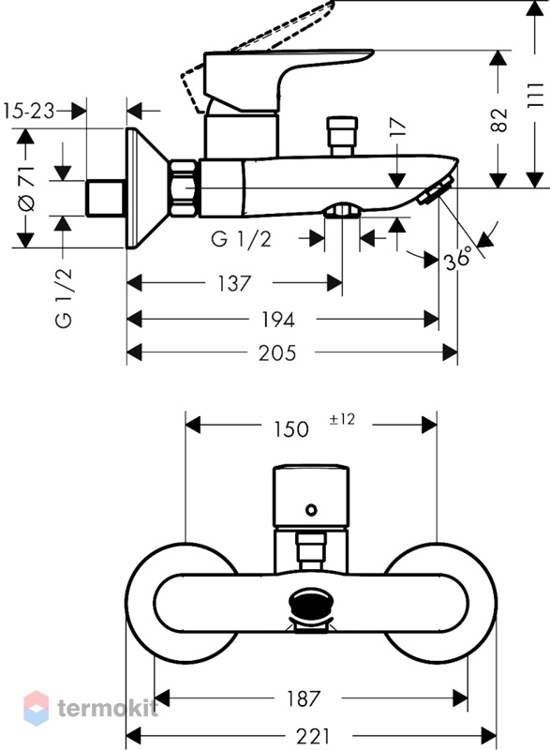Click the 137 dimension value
pyautogui.click(x=234, y=284)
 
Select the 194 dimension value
pyautogui.click(x=277, y=320)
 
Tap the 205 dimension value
pyautogui.click(x=277, y=353)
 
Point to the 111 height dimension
pyautogui.click(x=537, y=95)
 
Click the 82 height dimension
pyautogui.click(x=499, y=120)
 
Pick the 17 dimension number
pyautogui.click(x=398, y=127)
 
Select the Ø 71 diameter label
pyautogui.click(x=27, y=188)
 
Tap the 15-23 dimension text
pyautogui.click(x=29, y=112)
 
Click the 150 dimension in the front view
pyautogui.click(x=290, y=429)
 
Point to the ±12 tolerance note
pyautogui.click(x=342, y=419)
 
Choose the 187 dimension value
pyautogui.click(x=304, y=698)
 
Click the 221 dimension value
pyautogui.click(x=313, y=736)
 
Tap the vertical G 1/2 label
pyautogui.click(x=64, y=297)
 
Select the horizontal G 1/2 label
pyautogui.click(x=242, y=239)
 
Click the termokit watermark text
pyautogui.click(x=107, y=709)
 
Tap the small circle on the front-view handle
pyautogui.click(x=312, y=510)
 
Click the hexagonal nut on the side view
pyautogui.click(x=183, y=188)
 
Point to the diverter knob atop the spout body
pyautogui.click(x=341, y=136)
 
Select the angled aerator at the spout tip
pyautogui.click(x=436, y=191)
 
